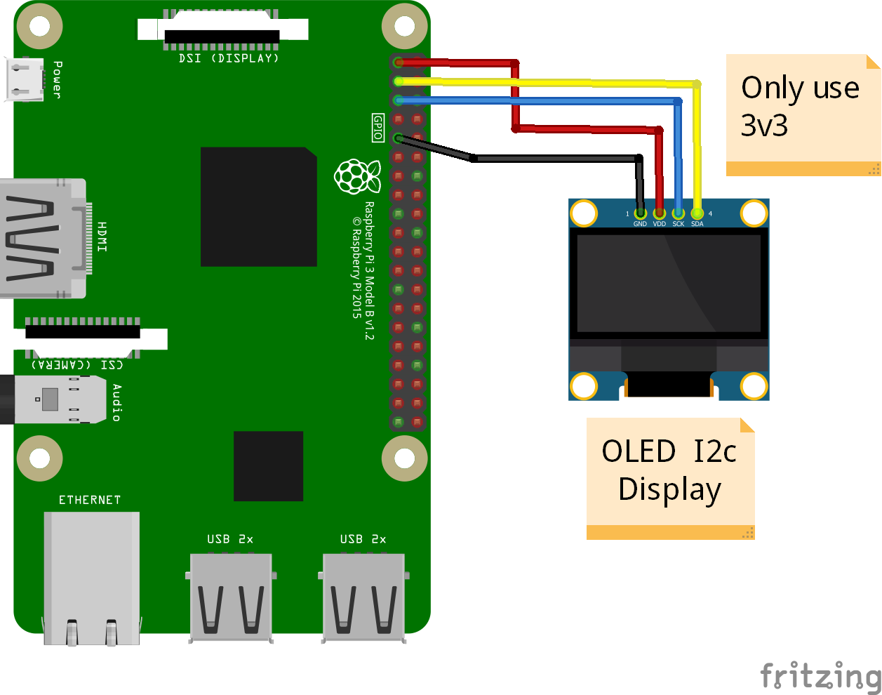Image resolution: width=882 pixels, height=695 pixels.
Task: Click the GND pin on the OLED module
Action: coord(640,213)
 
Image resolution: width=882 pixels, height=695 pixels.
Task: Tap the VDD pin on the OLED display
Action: coord(659,213)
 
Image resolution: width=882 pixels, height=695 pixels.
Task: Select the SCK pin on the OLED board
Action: coord(678,213)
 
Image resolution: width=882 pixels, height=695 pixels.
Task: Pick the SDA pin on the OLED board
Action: coord(697,213)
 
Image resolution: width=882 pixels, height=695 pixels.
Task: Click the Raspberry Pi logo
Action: coord(357,176)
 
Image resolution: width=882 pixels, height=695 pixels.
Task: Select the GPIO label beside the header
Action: coord(378,128)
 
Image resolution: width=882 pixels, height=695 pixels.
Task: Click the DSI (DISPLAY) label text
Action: coord(229,59)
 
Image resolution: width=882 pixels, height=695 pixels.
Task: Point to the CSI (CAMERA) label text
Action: coord(77,364)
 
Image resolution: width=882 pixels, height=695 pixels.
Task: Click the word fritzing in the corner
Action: coord(820,675)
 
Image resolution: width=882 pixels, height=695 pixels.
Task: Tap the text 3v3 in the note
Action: coord(764,126)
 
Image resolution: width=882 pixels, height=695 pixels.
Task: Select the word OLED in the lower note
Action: coord(639,451)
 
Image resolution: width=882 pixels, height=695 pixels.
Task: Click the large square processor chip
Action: coord(258,206)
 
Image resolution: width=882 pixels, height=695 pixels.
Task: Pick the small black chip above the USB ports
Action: coord(268,465)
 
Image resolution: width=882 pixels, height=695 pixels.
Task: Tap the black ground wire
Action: coord(554,159)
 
